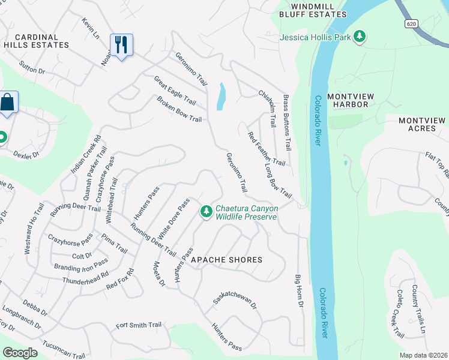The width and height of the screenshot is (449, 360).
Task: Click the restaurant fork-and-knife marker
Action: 121,45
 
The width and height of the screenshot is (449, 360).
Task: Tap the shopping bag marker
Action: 8,103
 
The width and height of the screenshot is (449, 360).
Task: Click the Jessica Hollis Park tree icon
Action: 360,37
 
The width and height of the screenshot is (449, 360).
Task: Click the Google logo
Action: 20,353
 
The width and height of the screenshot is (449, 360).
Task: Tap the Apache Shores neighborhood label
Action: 226,260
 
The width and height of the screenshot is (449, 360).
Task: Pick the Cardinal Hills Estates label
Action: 36,41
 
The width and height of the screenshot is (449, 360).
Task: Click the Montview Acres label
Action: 423,125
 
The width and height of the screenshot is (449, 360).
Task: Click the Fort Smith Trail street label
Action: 139,325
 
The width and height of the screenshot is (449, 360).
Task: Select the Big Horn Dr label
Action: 298,291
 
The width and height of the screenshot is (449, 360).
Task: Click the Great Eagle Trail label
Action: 175,90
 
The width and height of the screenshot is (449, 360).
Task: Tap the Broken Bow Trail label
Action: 179,109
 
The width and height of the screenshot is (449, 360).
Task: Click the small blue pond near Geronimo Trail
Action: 221,96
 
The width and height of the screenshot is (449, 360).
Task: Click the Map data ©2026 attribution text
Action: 423,355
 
